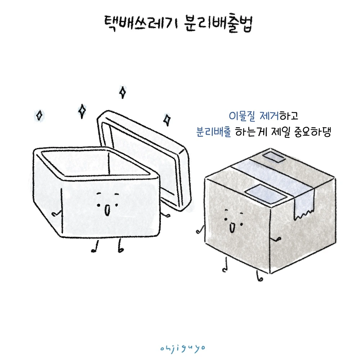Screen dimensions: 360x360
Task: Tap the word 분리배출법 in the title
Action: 219,24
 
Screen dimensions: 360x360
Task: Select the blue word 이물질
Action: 242,116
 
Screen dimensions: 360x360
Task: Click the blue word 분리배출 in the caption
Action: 213,132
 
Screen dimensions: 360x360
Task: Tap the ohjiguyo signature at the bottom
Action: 183,348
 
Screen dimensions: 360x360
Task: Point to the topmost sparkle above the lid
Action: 123,92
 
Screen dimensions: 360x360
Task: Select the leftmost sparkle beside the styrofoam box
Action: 39,115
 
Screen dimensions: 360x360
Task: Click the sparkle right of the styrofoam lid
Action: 167,120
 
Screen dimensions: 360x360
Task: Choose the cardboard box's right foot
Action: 259,276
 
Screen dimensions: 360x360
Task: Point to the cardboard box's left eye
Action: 226,219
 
